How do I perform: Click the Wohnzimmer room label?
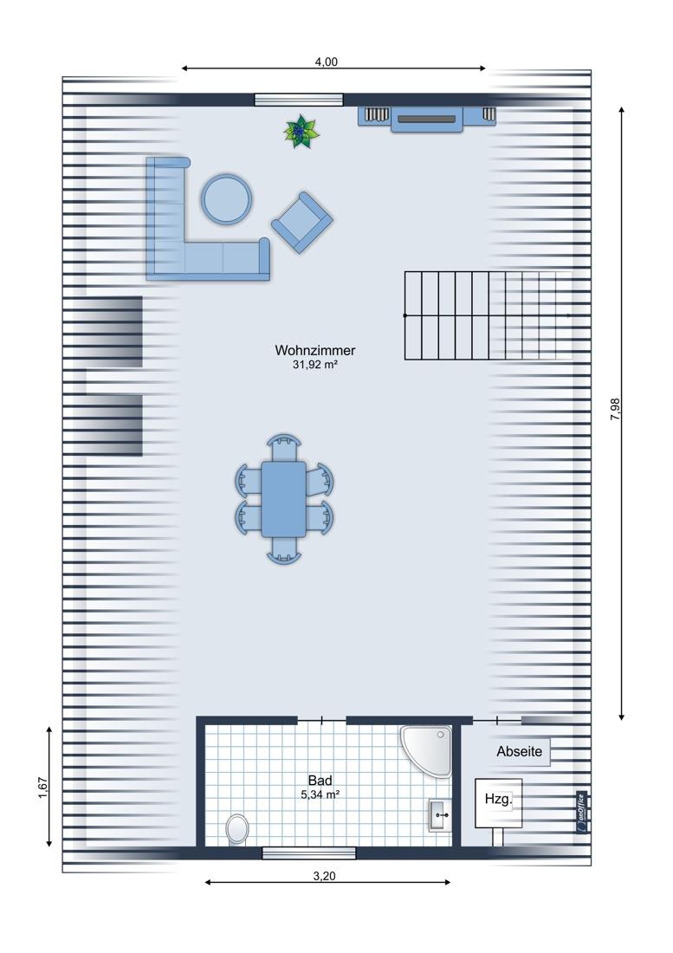point(314,350)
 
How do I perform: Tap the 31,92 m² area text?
point(314,365)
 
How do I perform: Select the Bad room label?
point(320,781)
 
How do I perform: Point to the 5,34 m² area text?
point(320,794)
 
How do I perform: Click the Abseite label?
point(520,751)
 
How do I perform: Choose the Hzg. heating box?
point(498,802)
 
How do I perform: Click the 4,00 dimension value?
point(327,62)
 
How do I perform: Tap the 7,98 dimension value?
point(615,409)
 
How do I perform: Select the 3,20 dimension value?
point(324,876)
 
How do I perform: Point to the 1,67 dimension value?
point(42,787)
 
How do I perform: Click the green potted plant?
point(301,132)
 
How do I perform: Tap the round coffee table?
point(227,199)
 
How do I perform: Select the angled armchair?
point(302,223)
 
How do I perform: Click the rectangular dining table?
point(283,499)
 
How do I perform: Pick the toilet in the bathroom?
point(236,829)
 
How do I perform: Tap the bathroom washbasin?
point(440,815)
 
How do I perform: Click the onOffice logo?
point(581,813)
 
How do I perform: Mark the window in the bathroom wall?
point(308,853)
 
